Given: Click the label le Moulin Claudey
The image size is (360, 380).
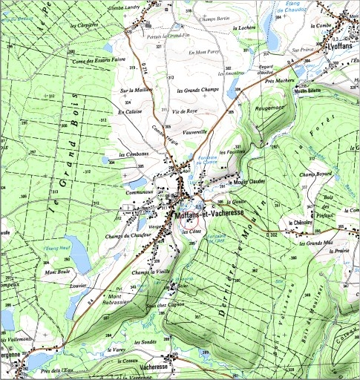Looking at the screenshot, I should [246, 180].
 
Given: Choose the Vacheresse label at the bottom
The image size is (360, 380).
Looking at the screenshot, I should [156, 367].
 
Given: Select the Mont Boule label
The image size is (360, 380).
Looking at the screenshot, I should [58, 271].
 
